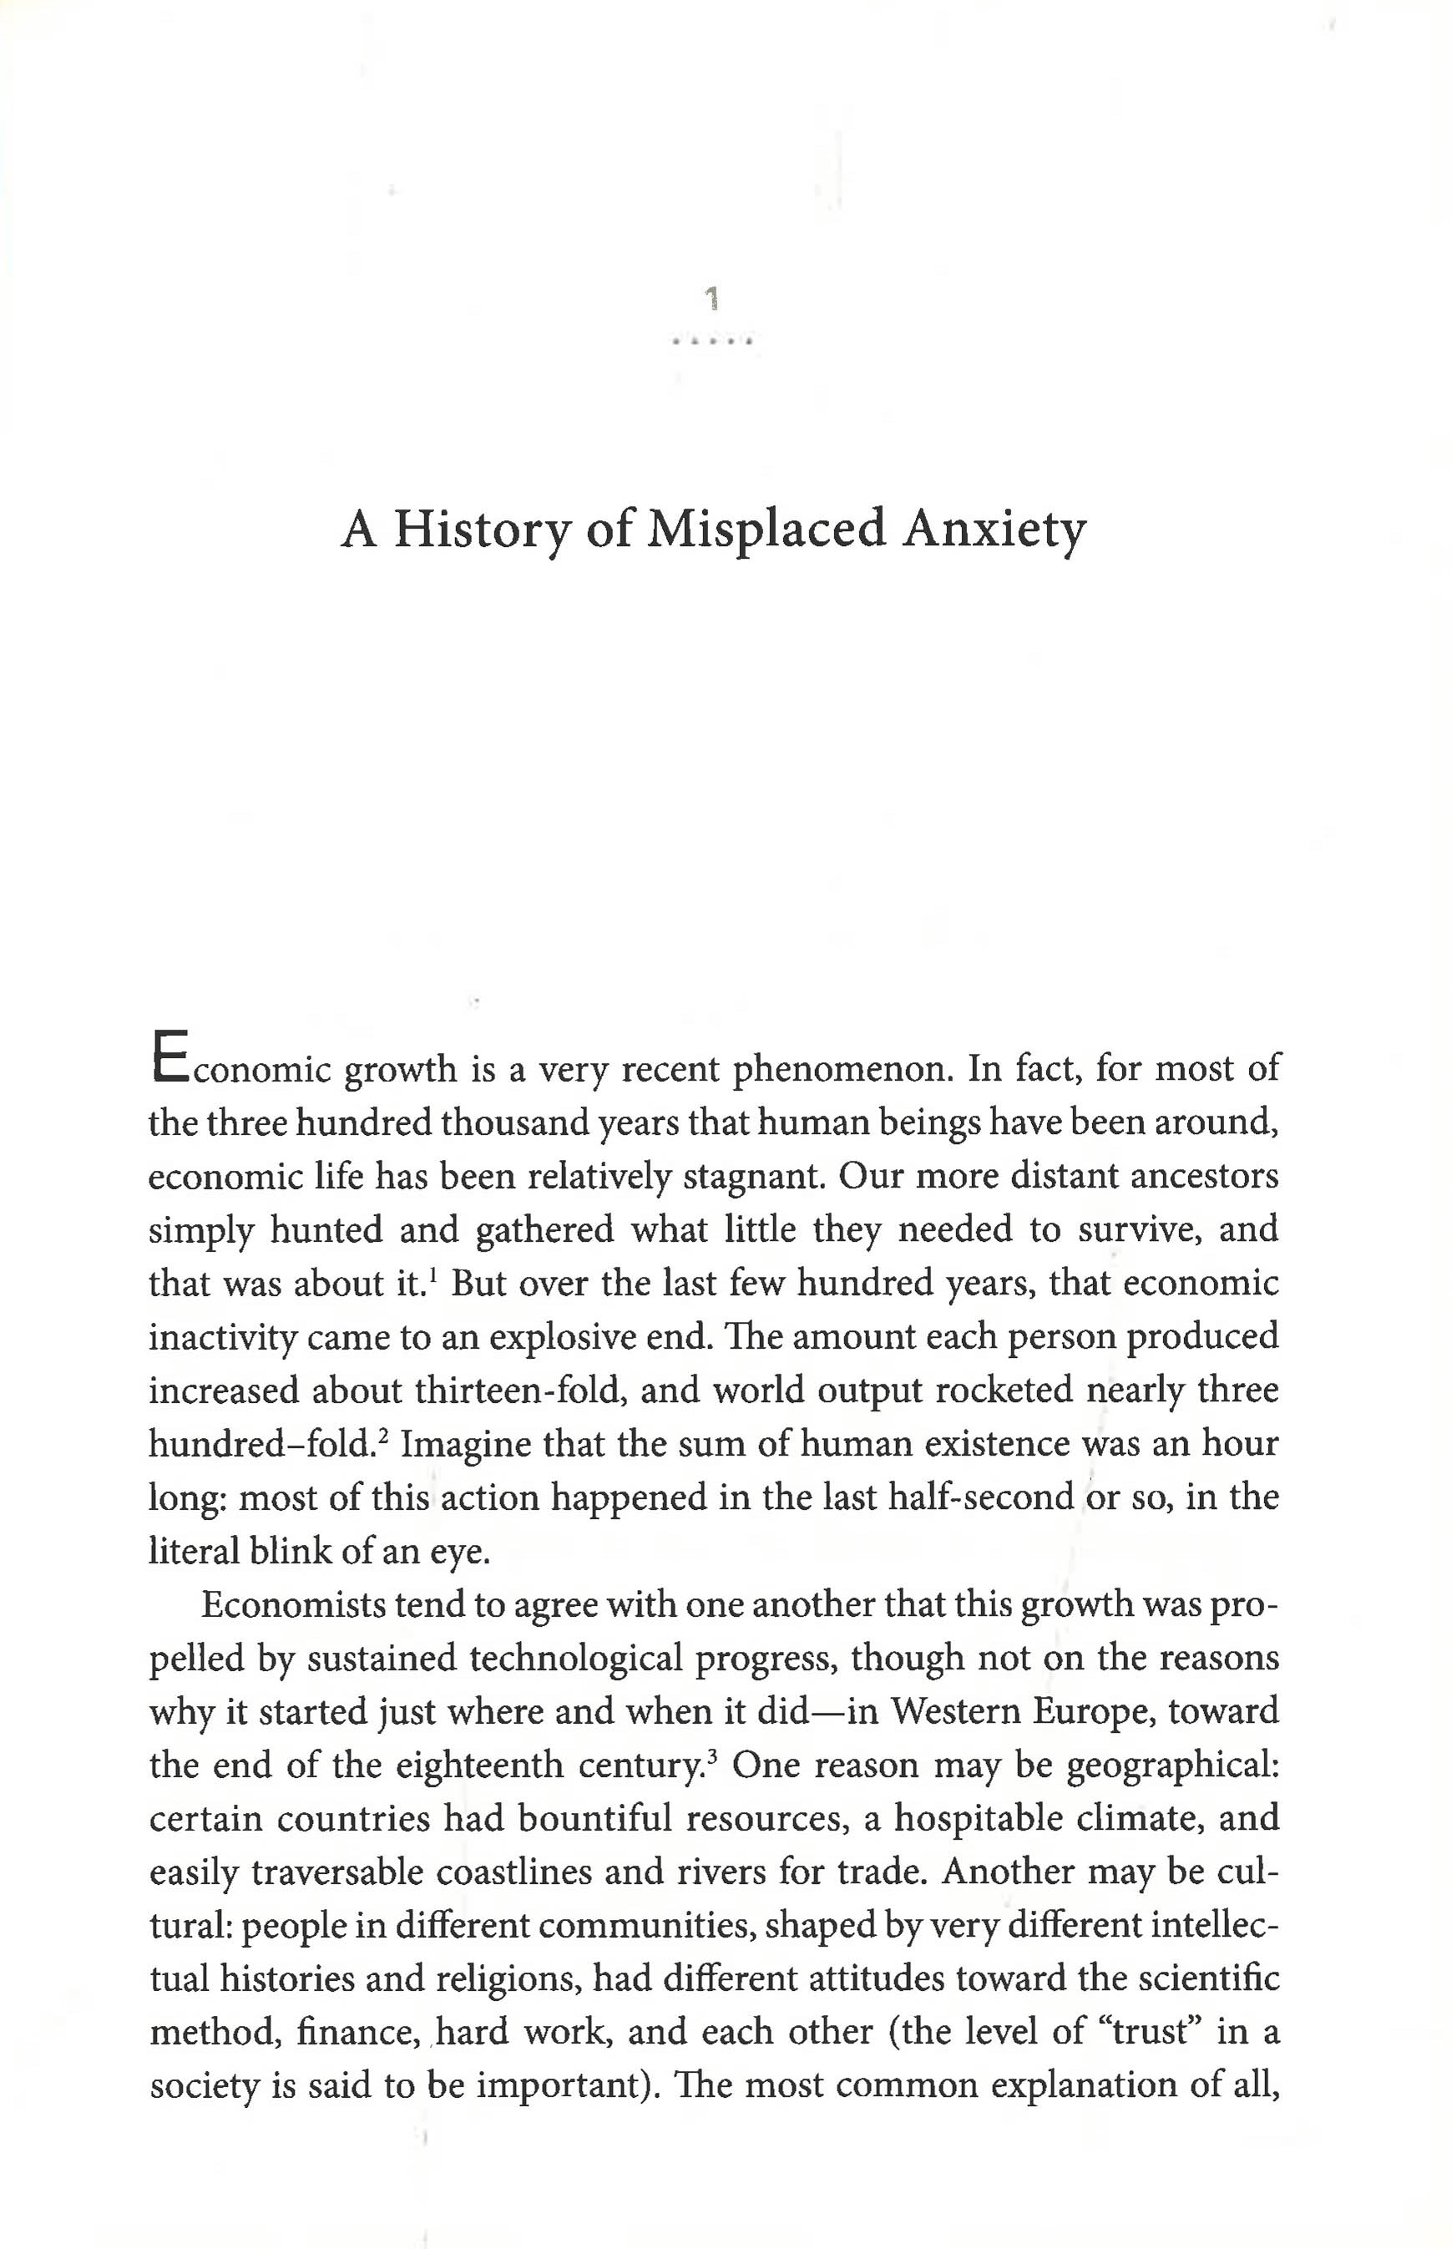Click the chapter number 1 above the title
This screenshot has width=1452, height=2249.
[713, 300]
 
